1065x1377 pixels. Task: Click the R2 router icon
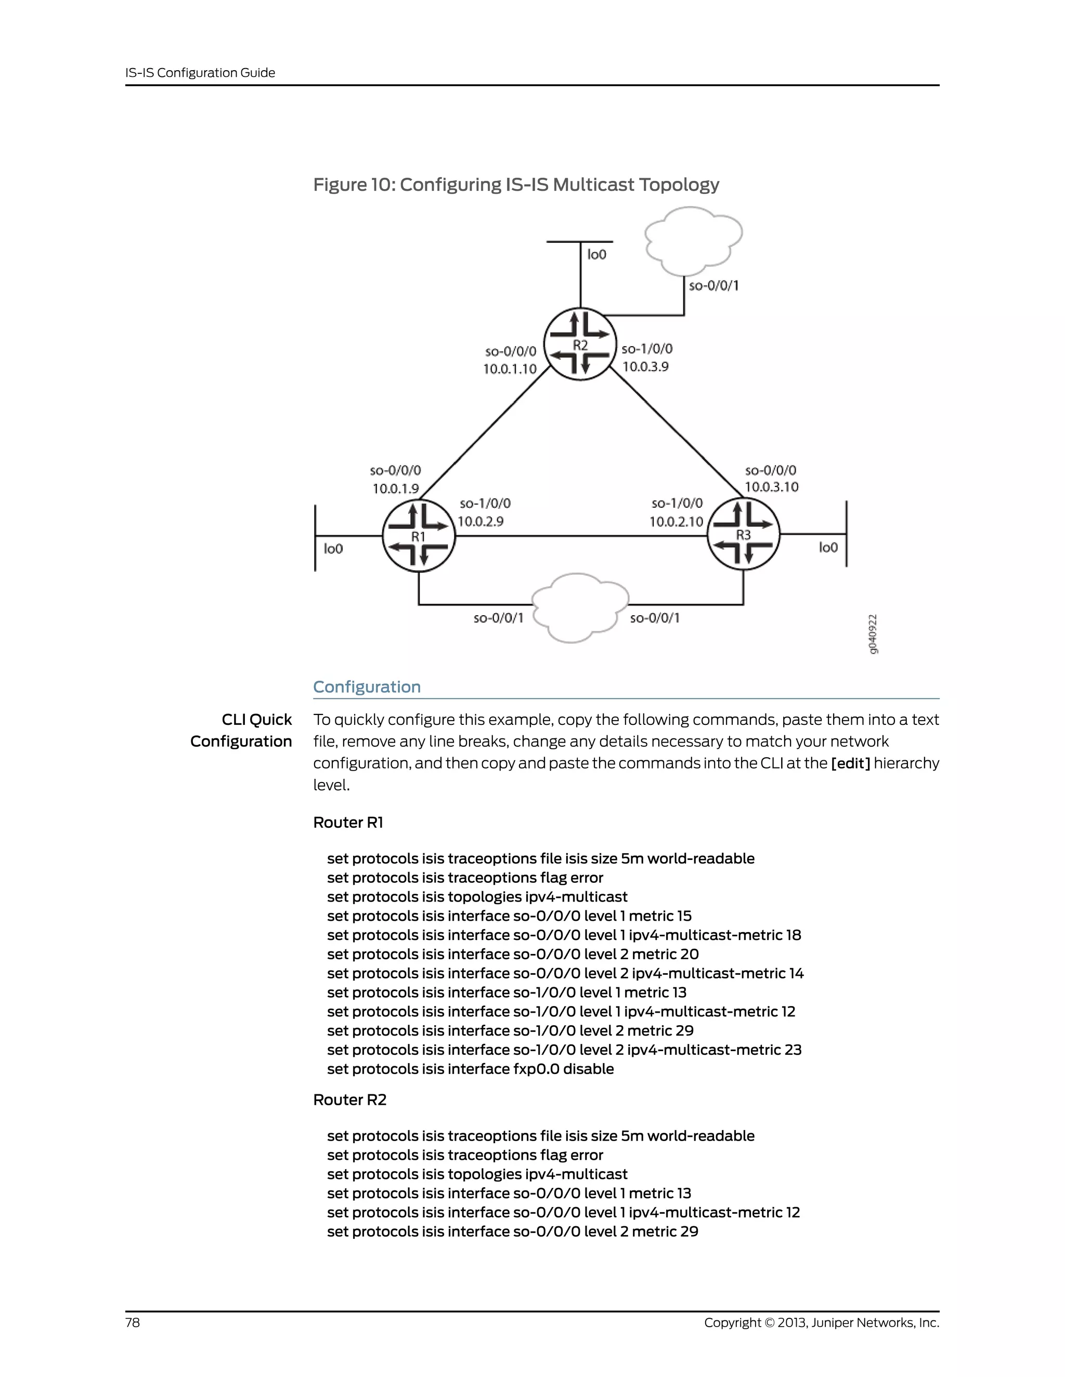pos(580,344)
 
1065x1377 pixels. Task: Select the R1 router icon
pos(418,535)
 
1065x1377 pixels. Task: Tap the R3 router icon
pos(743,534)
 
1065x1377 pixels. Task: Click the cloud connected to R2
pos(693,241)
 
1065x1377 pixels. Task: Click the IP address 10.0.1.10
pos(510,369)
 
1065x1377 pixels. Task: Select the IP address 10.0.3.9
pos(645,366)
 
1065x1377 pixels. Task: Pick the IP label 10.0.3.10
pos(771,487)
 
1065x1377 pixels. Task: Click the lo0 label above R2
pos(596,255)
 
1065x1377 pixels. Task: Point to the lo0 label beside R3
pos(828,547)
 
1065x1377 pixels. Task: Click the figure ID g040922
pos(872,633)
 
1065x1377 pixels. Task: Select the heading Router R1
pos(348,822)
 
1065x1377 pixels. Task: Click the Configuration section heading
pos(367,686)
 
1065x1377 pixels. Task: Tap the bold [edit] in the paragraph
pos(850,763)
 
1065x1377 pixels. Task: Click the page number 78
pos(133,1322)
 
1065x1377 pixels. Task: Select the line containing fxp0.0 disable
pos(470,1069)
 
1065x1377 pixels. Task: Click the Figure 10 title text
pos(516,185)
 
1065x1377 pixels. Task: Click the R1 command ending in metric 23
pos(564,1050)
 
